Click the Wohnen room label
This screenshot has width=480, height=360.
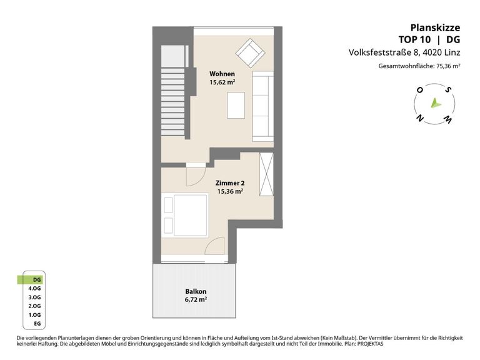pyautogui.click(x=222, y=74)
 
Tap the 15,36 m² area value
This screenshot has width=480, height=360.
pyautogui.click(x=230, y=192)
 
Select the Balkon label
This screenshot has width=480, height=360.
pyautogui.click(x=196, y=291)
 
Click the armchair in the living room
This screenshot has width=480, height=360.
pyautogui.click(x=250, y=53)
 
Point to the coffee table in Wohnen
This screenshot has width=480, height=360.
pyautogui.click(x=236, y=105)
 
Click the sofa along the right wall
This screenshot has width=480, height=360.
pyautogui.click(x=262, y=106)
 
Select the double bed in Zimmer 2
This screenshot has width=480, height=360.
pyautogui.click(x=185, y=215)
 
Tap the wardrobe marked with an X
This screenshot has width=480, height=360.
pyautogui.click(x=266, y=174)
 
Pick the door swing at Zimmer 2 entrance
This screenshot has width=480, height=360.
pyautogui.click(x=196, y=177)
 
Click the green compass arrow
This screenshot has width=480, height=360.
pyautogui.click(x=435, y=104)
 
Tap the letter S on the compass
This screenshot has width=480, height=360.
pyautogui.click(x=449, y=90)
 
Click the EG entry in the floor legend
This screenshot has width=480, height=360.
pyautogui.click(x=37, y=324)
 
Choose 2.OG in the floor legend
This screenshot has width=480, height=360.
pyautogui.click(x=34, y=306)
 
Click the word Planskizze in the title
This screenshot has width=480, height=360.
pyautogui.click(x=435, y=28)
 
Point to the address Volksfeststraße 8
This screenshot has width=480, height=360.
pyautogui.click(x=384, y=52)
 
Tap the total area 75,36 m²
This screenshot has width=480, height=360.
pyautogui.click(x=448, y=66)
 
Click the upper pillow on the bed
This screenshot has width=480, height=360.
pyautogui.click(x=168, y=205)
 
